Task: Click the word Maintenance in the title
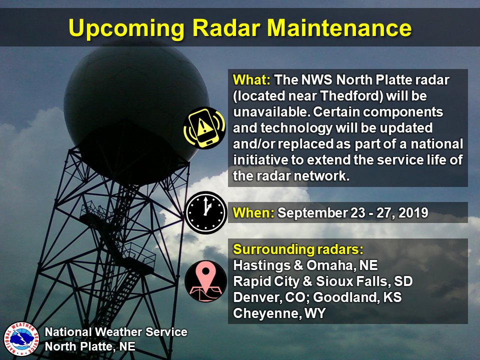339,28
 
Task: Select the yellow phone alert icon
204,127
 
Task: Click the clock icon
205,213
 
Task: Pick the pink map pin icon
205,281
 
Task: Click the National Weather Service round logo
21,339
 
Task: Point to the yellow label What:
251,80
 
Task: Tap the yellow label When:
253,213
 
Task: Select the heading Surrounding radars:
298,249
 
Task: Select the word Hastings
261,265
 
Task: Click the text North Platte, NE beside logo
90,346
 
